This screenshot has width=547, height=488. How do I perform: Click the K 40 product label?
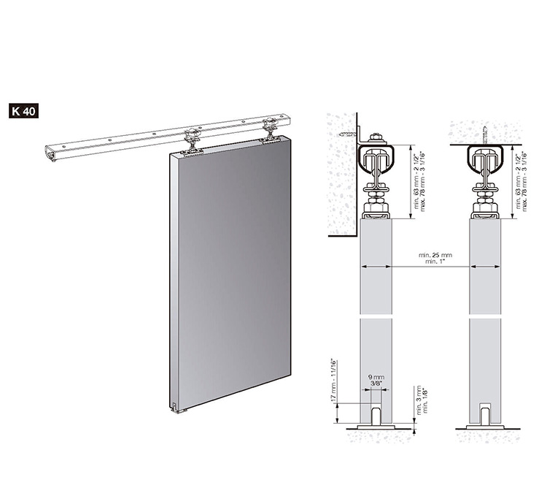pyautogui.click(x=24, y=111)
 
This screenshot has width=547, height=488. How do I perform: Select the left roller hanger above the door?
pyautogui.click(x=193, y=140)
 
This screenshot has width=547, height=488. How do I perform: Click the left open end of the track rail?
pyautogui.click(x=50, y=153)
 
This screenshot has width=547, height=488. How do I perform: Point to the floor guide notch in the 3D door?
pyautogui.click(x=174, y=407)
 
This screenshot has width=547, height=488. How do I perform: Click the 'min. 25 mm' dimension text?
pyautogui.click(x=435, y=256)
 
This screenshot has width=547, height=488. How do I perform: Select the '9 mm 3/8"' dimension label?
pyautogui.click(x=376, y=380)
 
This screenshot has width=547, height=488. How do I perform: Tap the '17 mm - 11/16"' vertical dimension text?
pyautogui.click(x=333, y=380)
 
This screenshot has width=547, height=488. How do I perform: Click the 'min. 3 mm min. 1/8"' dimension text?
pyautogui.click(x=421, y=400)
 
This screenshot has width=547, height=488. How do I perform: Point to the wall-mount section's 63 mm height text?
pyautogui.click(x=419, y=182)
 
